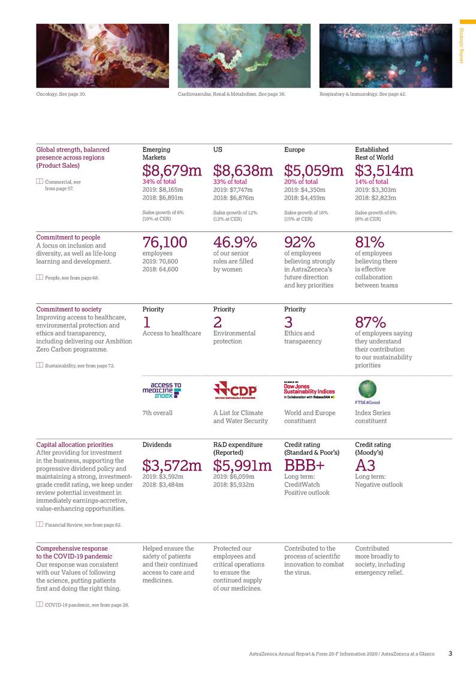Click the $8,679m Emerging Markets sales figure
172,171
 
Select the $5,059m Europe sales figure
314,171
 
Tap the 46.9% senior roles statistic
235,242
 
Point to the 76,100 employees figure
165,242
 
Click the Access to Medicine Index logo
161,391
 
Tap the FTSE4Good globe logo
366,391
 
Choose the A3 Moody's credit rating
365,466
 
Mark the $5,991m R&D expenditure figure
243,466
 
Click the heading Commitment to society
68,309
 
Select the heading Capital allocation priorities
74,445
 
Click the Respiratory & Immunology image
385,56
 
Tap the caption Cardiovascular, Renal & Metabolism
231,95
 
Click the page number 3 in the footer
450,653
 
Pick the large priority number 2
218,322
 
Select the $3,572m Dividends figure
172,466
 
